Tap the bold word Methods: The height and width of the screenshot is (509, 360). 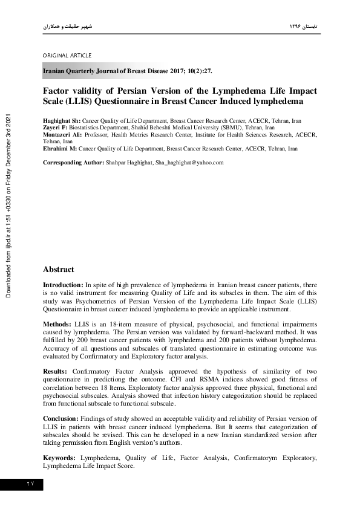[56, 325]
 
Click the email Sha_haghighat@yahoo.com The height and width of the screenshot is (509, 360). [189, 163]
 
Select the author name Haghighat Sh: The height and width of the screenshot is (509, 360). [62, 121]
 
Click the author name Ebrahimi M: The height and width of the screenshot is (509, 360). [60, 149]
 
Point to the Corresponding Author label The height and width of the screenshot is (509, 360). [73, 163]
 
